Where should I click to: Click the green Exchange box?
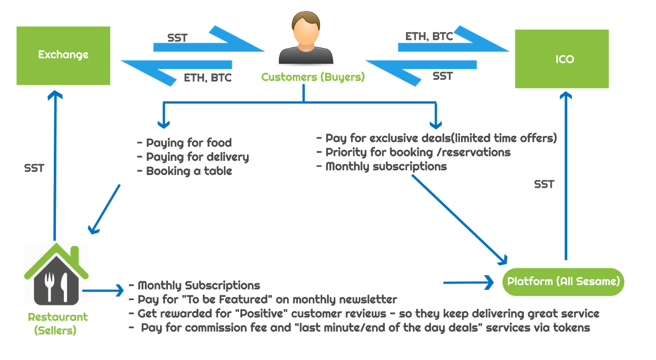pyautogui.click(x=63, y=55)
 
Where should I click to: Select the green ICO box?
pyautogui.click(x=562, y=59)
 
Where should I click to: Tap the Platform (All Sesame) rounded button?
pyautogui.click(x=563, y=281)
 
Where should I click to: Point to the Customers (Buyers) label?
pyautogui.click(x=313, y=77)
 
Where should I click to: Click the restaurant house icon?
pyautogui.click(x=56, y=274)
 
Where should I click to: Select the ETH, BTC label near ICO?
pyautogui.click(x=429, y=36)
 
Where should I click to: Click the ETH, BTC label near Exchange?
pyautogui.click(x=207, y=77)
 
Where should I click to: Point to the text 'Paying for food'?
pyautogui.click(x=189, y=143)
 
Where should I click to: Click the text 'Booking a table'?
pyautogui.click(x=189, y=171)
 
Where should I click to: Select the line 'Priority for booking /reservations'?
pyautogui.click(x=418, y=153)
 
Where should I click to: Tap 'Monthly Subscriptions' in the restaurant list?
pyautogui.click(x=199, y=285)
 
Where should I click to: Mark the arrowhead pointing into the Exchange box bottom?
pyautogui.click(x=55, y=95)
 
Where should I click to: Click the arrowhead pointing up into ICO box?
pyautogui.click(x=566, y=96)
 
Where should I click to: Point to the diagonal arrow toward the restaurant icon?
pyautogui.click(x=105, y=209)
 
